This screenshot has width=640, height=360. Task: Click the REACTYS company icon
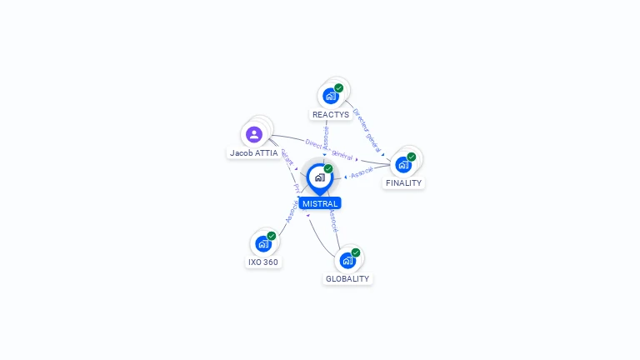pyautogui.click(x=331, y=95)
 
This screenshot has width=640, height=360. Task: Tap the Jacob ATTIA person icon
pyautogui.click(x=254, y=134)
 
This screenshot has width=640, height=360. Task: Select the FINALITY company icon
pyautogui.click(x=403, y=164)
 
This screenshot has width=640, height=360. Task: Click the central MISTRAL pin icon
pyautogui.click(x=319, y=177)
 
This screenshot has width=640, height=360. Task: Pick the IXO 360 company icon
pyautogui.click(x=263, y=243)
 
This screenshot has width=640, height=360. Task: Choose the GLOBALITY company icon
pyautogui.click(x=347, y=260)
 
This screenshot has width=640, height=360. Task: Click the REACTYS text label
pyautogui.click(x=331, y=114)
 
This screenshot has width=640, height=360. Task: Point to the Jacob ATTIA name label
pyautogui.click(x=254, y=153)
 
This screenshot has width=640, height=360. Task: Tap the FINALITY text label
pyautogui.click(x=403, y=182)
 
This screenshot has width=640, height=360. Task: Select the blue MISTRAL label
pyautogui.click(x=320, y=203)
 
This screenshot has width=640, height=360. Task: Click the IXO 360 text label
pyautogui.click(x=263, y=262)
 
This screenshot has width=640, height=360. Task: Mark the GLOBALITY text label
pyautogui.click(x=347, y=278)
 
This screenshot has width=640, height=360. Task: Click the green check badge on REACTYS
pyautogui.click(x=339, y=87)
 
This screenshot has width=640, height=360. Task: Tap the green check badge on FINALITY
pyautogui.click(x=412, y=157)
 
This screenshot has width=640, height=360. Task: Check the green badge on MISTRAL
pyautogui.click(x=328, y=168)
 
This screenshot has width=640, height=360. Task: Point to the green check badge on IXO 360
pyautogui.click(x=272, y=236)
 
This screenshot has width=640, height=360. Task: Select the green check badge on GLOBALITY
pyautogui.click(x=356, y=252)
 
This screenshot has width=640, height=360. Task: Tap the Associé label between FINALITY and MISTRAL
pyautogui.click(x=362, y=172)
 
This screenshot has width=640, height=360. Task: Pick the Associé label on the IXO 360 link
pyautogui.click(x=291, y=212)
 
